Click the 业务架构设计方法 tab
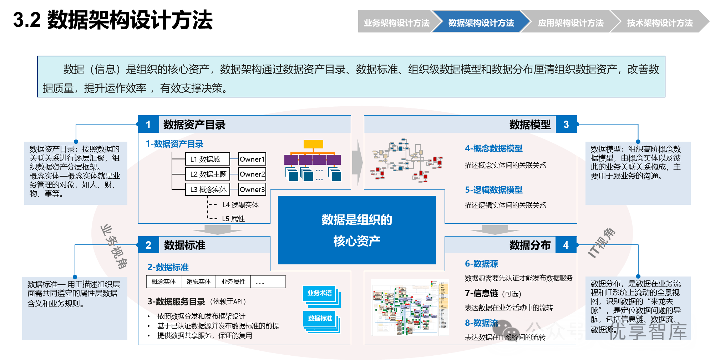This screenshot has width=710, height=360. click(x=396, y=23)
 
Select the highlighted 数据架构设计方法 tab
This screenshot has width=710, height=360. click(x=481, y=23)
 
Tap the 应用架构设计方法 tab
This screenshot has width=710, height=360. click(x=570, y=23)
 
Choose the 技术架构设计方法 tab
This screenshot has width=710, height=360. click(x=660, y=23)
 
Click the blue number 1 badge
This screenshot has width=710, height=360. click(x=148, y=125)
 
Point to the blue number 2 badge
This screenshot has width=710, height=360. click(x=148, y=245)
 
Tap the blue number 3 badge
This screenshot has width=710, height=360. click(x=566, y=125)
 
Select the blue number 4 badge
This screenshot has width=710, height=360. click(x=566, y=245)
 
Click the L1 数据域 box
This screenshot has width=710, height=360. click(x=207, y=159)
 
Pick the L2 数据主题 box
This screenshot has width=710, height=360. click(x=207, y=174)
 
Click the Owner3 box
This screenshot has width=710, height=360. click(x=252, y=189)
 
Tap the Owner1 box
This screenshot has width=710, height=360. click(x=252, y=159)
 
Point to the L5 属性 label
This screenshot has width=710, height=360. click(x=233, y=219)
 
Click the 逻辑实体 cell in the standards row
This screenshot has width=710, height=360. click(x=198, y=282)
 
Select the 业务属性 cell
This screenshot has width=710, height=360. click(x=233, y=282)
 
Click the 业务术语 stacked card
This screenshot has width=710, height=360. click(x=319, y=293)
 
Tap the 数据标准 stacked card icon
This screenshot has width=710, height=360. click(x=320, y=319)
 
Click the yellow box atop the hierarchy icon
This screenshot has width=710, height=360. click(x=313, y=144)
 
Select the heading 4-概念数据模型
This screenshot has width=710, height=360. click(x=493, y=148)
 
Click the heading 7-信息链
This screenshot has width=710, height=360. click(x=481, y=293)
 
